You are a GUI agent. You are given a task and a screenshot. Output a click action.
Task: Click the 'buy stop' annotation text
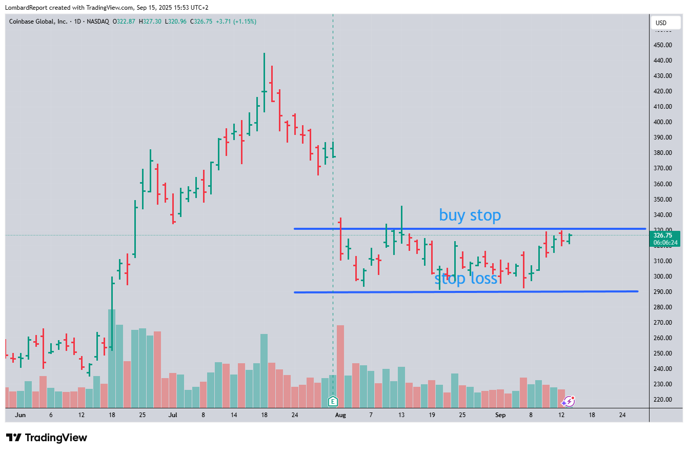click(470, 215)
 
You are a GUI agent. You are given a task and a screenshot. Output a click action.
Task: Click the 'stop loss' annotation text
click(466, 279)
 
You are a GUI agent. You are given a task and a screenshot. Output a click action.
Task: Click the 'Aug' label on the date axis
click(340, 415)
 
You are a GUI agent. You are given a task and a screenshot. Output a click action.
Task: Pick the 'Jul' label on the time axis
click(172, 415)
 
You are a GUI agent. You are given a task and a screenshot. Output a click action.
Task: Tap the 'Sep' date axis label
click(500, 415)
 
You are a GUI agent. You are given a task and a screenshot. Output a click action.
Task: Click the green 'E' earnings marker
click(333, 401)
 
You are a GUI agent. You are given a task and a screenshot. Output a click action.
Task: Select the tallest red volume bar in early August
click(340, 364)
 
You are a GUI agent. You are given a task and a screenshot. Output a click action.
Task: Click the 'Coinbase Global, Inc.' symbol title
click(37, 22)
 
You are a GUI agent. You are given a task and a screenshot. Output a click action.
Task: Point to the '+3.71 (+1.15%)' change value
click(236, 22)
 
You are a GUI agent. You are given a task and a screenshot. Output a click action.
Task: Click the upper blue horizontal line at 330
click(461, 228)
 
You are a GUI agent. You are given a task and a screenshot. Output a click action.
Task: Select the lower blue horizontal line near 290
click(461, 292)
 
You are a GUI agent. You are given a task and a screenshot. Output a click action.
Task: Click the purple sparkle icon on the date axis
click(569, 401)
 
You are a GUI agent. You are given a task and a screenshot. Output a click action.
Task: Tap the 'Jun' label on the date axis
click(21, 415)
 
